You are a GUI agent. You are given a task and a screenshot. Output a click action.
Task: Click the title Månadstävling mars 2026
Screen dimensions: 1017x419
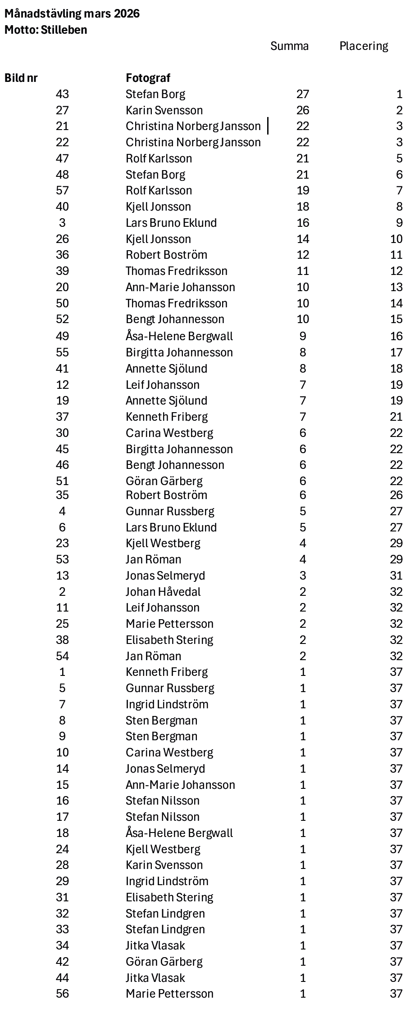pyautogui.click(x=72, y=14)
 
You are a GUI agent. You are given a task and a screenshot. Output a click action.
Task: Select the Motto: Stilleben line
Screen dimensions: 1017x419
pyautogui.click(x=46, y=30)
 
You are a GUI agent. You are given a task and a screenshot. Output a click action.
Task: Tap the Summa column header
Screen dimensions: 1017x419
pyautogui.click(x=289, y=46)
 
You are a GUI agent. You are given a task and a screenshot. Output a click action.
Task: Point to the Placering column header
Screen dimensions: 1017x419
pyautogui.click(x=364, y=46)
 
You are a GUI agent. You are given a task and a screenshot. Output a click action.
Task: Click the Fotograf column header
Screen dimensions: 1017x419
pyautogui.click(x=148, y=78)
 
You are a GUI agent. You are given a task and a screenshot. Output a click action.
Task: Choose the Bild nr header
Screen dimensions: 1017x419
pyautogui.click(x=21, y=78)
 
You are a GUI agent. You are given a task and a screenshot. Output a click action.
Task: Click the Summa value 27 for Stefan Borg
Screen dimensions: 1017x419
pyautogui.click(x=303, y=94)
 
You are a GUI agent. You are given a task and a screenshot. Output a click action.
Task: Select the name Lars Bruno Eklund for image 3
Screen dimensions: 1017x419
pyautogui.click(x=171, y=223)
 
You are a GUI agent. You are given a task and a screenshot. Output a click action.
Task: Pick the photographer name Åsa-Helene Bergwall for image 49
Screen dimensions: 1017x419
pyautogui.click(x=179, y=337)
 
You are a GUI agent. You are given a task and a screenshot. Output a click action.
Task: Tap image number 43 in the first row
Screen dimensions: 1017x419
pyautogui.click(x=62, y=94)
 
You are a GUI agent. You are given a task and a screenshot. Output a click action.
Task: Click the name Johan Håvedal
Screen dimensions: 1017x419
pyautogui.click(x=163, y=592)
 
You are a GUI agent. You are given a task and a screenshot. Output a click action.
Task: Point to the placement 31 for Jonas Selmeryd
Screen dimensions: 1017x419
pyautogui.click(x=396, y=576)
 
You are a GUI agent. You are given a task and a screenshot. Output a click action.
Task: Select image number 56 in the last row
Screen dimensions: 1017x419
pyautogui.click(x=62, y=994)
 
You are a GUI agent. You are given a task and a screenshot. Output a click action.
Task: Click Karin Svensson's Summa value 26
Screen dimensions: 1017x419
pyautogui.click(x=303, y=111)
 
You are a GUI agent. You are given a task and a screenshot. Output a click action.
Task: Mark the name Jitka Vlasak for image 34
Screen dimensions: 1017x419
pyautogui.click(x=155, y=945)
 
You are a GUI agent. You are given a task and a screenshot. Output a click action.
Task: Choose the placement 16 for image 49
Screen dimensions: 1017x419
pyautogui.click(x=396, y=337)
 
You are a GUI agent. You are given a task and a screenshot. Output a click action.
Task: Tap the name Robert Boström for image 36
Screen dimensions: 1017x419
pyautogui.click(x=166, y=255)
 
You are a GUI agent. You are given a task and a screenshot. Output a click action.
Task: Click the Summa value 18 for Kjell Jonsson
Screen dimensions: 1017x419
pyautogui.click(x=303, y=207)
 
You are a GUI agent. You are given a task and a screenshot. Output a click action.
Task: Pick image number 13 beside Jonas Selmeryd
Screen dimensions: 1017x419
pyautogui.click(x=62, y=576)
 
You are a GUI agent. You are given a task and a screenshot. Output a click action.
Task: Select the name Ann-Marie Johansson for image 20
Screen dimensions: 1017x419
pyautogui.click(x=180, y=288)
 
